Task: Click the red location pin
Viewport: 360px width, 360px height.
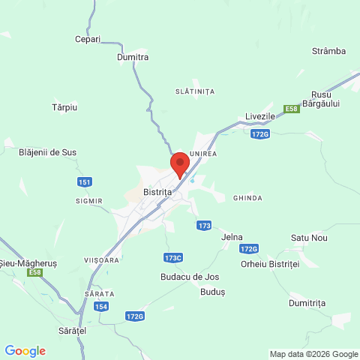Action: pyautogui.click(x=179, y=163)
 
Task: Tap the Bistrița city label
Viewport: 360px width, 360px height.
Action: pyautogui.click(x=157, y=193)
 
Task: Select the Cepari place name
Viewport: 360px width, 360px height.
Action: pyautogui.click(x=88, y=39)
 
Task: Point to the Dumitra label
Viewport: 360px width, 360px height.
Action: pyautogui.click(x=133, y=57)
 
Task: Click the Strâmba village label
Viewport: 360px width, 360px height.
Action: pyautogui.click(x=328, y=51)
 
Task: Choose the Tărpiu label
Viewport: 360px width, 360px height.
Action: pyautogui.click(x=64, y=108)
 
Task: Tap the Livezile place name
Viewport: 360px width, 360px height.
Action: pyautogui.click(x=261, y=117)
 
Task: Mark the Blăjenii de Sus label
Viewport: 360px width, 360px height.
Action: pyautogui.click(x=47, y=152)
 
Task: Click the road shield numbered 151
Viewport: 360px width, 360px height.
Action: pyautogui.click(x=85, y=182)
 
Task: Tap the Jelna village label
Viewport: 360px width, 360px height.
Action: pyautogui.click(x=232, y=237)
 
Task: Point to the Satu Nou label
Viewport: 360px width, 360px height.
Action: pyautogui.click(x=310, y=238)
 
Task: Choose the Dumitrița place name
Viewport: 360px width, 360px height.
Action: pyautogui.click(x=307, y=303)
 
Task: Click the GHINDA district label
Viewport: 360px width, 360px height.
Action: pyautogui.click(x=247, y=198)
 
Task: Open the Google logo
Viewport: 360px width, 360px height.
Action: pyautogui.click(x=25, y=351)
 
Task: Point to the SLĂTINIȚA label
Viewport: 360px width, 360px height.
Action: pyautogui.click(x=194, y=91)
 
